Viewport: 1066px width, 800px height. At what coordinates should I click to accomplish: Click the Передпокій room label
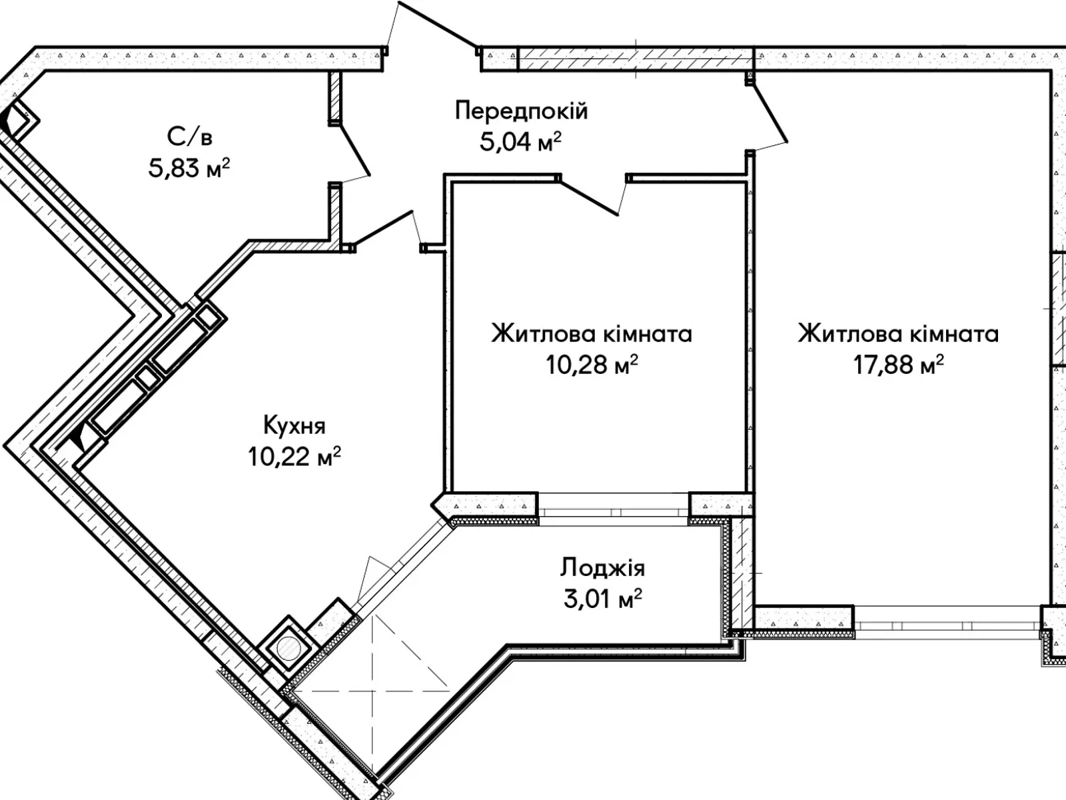[521, 111]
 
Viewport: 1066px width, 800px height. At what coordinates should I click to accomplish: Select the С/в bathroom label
[190, 137]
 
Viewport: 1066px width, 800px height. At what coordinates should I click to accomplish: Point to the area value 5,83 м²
[189, 168]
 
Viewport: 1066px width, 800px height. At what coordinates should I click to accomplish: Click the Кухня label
[294, 425]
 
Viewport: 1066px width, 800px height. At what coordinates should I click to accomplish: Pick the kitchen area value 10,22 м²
[294, 457]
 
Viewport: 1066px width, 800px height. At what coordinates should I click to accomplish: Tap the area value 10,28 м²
[592, 365]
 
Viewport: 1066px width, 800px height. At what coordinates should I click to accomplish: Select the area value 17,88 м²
[898, 365]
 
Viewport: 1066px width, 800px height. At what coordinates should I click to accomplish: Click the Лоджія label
[602, 568]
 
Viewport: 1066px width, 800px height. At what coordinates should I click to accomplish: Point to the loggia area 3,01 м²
[602, 599]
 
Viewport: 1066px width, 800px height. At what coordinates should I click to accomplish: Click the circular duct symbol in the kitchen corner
[288, 649]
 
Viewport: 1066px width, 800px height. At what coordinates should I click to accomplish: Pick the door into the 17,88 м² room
[770, 113]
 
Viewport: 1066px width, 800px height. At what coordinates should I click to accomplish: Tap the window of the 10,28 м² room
[613, 505]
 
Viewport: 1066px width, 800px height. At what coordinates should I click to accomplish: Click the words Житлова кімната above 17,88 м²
[898, 333]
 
